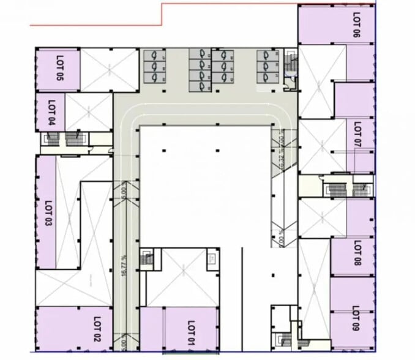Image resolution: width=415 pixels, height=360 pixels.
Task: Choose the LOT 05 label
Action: click(x=59, y=69)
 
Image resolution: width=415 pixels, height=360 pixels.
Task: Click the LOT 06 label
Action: click(x=356, y=25)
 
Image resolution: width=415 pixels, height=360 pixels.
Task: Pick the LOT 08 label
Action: click(x=357, y=252)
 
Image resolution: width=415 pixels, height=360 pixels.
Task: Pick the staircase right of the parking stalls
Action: click(x=291, y=64)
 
